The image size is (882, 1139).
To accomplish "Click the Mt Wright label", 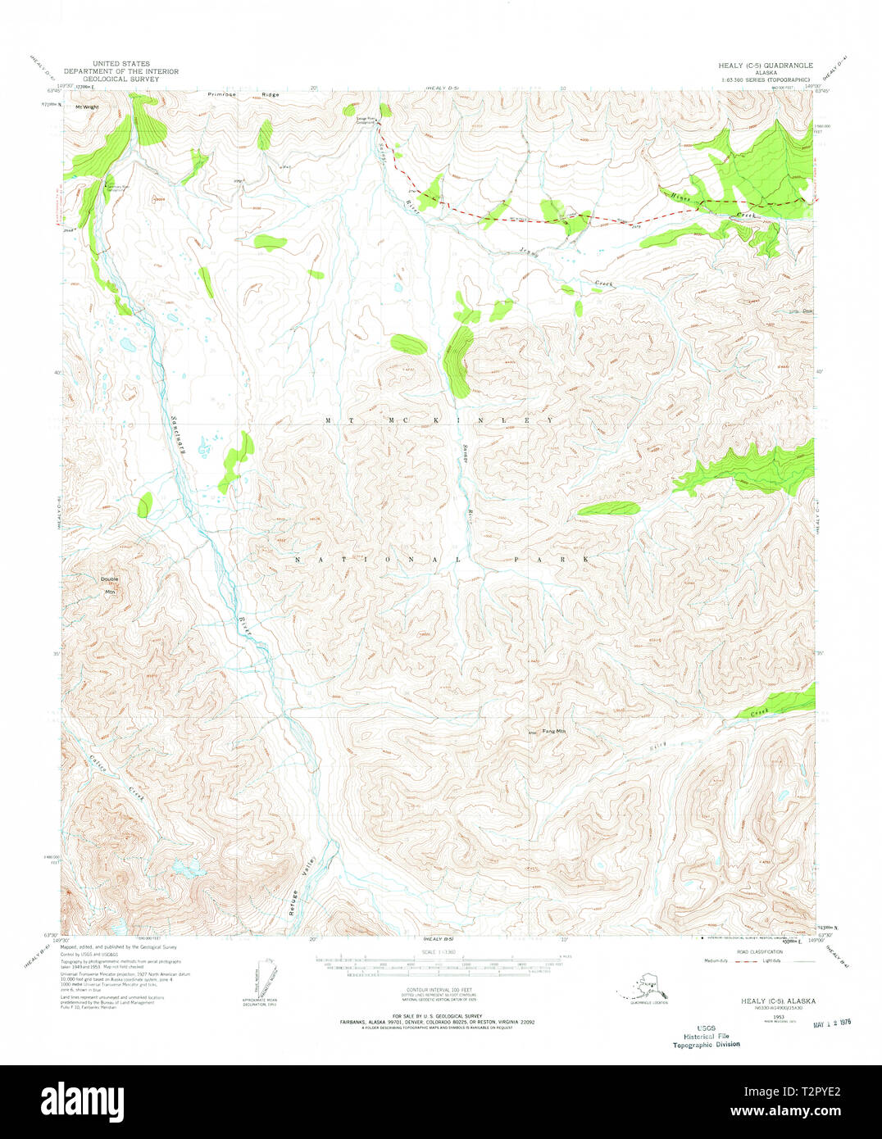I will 87,107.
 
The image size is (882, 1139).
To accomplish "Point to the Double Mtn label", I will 109,583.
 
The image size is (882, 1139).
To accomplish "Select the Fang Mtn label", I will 554,730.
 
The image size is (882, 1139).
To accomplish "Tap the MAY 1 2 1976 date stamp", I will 831,1023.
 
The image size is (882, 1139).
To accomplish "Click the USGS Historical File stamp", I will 706,1036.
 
